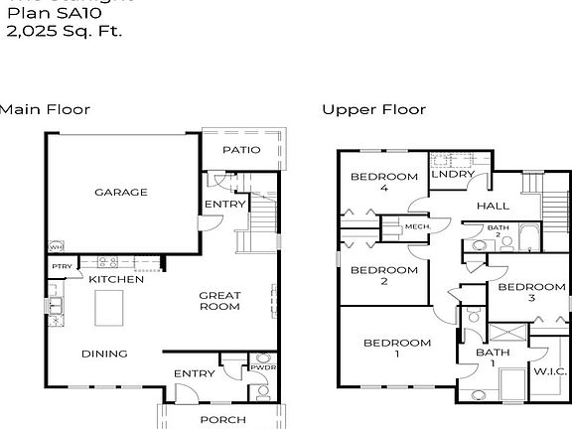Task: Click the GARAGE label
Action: coord(120,192)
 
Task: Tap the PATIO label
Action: coord(240,150)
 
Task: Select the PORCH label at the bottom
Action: coord(222,419)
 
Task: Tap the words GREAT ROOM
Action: coord(219,300)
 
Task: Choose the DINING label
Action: coord(103,354)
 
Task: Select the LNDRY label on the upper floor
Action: coord(449,176)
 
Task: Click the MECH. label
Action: coord(415,226)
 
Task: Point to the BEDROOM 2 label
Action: coord(384,275)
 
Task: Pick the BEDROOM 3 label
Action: coord(531,292)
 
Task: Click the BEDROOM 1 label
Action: coord(396,349)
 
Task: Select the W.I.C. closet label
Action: coord(549,371)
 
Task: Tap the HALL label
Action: coord(493,206)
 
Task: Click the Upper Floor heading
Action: coord(373,109)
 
